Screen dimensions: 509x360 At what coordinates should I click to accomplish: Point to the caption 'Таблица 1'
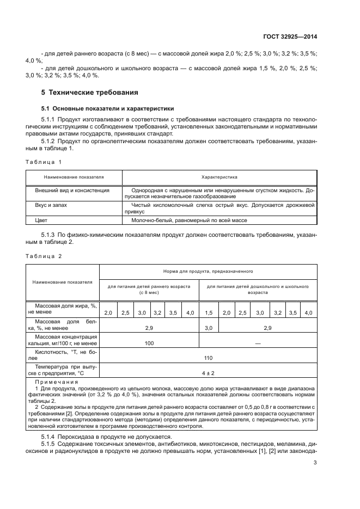(x=44, y=162)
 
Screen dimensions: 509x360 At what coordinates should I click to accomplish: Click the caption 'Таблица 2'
(x=44, y=255)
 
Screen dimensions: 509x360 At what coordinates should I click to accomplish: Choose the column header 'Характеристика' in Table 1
(x=219, y=177)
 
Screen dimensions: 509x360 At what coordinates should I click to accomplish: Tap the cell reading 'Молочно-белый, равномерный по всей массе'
(x=189, y=220)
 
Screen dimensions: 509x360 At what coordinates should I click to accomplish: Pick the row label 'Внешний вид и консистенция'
(x=72, y=191)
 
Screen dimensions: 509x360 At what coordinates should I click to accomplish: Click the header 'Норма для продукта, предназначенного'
(x=208, y=271)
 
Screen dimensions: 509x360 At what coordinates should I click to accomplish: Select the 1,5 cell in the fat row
(x=209, y=313)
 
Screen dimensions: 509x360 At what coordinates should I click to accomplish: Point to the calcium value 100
(x=149, y=343)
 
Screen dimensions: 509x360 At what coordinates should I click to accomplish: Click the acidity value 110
(x=208, y=358)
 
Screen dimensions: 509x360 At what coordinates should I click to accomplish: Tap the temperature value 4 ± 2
(x=208, y=373)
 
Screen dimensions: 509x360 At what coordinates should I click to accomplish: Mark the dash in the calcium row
(x=258, y=343)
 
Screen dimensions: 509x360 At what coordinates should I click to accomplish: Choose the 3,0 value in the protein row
(x=209, y=328)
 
